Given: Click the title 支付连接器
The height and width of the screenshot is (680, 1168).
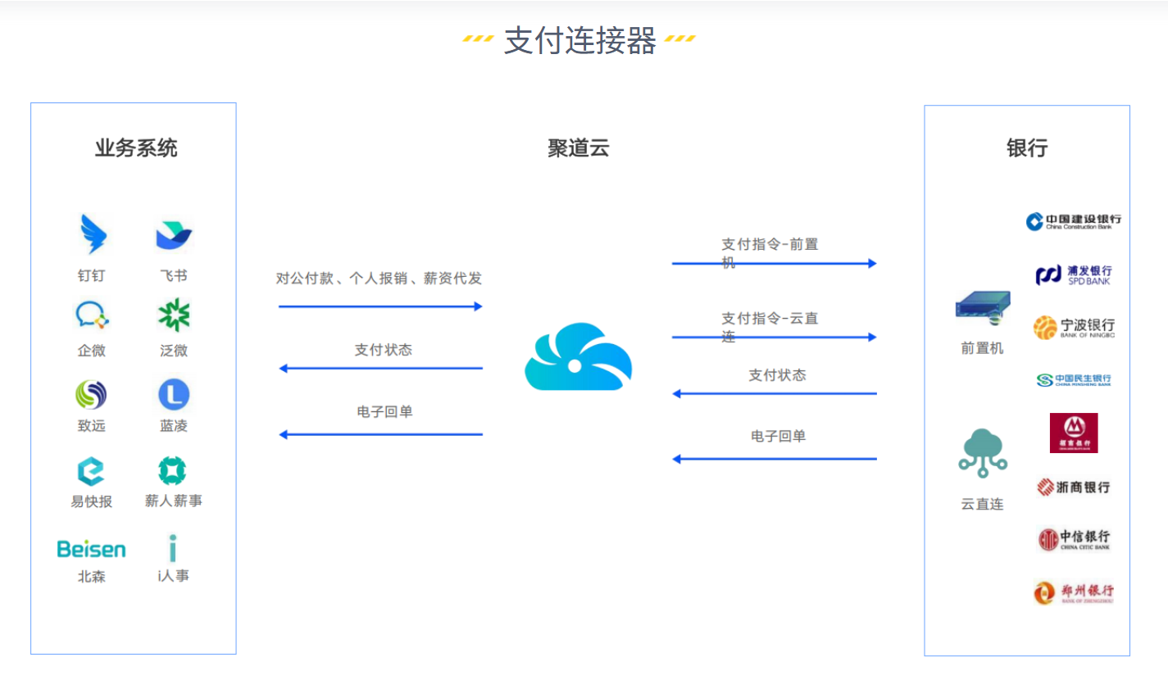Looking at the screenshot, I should (x=579, y=40).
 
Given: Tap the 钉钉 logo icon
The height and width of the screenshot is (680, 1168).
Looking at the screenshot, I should (x=92, y=234).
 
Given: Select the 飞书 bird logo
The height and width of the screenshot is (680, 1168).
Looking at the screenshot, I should (x=174, y=236).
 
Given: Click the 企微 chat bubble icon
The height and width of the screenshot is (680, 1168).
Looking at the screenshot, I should (x=92, y=315).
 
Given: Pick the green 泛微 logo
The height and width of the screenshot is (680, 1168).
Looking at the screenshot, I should (x=174, y=315).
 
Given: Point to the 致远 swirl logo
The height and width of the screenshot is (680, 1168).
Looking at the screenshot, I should (x=91, y=395).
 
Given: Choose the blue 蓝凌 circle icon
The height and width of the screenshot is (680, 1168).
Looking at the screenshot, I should (x=174, y=395).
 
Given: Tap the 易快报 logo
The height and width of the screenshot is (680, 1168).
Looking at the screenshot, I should (x=91, y=471).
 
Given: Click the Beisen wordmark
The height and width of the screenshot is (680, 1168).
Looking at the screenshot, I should (x=92, y=548).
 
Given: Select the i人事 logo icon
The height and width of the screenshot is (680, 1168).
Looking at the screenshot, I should (x=173, y=548).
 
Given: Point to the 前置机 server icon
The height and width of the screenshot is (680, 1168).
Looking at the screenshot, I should (x=982, y=309).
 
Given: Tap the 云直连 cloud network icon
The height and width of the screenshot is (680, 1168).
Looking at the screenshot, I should (x=982, y=453).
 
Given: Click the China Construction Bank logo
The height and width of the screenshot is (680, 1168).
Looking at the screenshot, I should (x=1073, y=221).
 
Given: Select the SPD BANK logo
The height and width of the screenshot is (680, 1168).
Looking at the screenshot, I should (x=1073, y=274).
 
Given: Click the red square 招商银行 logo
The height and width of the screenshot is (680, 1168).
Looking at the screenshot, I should (x=1073, y=433).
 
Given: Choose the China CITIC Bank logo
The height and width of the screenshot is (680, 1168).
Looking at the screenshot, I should (x=1073, y=539).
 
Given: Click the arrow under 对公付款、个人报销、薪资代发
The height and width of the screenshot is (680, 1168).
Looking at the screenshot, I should (x=380, y=306).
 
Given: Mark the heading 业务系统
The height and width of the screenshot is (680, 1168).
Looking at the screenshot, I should (x=135, y=148).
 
